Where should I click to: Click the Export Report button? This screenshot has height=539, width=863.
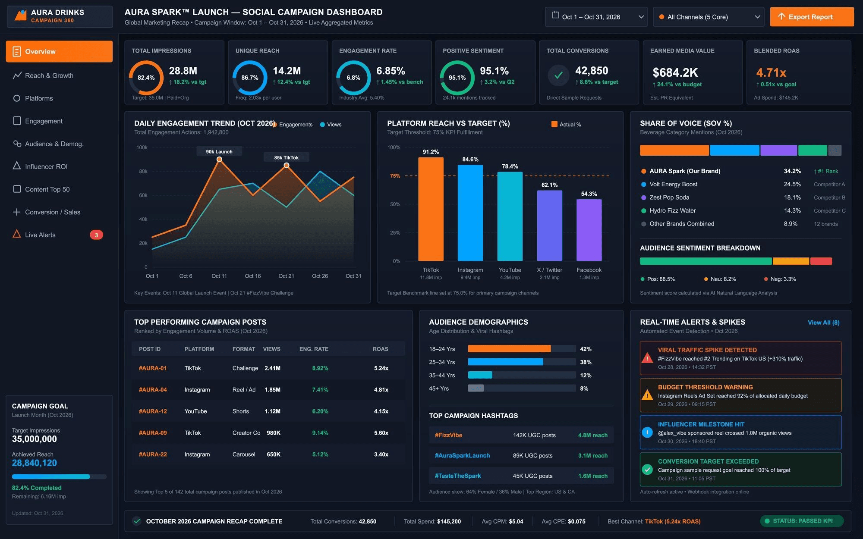pyautogui.click(x=812, y=17)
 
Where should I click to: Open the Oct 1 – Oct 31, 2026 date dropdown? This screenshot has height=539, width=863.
pyautogui.click(x=596, y=17)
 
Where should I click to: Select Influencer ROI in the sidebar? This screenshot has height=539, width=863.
pyautogui.click(x=46, y=166)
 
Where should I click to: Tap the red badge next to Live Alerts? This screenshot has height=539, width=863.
pyautogui.click(x=96, y=235)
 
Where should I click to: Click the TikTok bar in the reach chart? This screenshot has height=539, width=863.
pyautogui.click(x=431, y=209)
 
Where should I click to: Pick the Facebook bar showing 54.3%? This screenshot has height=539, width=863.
pyautogui.click(x=589, y=230)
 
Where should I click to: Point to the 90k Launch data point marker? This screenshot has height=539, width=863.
pyautogui.click(x=219, y=160)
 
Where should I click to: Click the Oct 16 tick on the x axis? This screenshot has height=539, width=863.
pyautogui.click(x=253, y=276)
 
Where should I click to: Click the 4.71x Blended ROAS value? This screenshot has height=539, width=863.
pyautogui.click(x=771, y=72)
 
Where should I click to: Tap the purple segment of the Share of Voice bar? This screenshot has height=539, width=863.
pyautogui.click(x=778, y=150)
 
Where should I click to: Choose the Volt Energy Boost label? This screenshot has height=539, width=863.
pyautogui.click(x=673, y=184)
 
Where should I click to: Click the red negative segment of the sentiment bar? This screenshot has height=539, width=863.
pyautogui.click(x=821, y=261)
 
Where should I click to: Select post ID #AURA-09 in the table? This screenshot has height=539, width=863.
pyautogui.click(x=153, y=433)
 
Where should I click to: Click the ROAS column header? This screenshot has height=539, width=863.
pyautogui.click(x=381, y=349)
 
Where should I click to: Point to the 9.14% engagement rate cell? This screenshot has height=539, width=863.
pyautogui.click(x=320, y=433)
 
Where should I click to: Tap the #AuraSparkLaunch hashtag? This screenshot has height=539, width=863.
pyautogui.click(x=462, y=455)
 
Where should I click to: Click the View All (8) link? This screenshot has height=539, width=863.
pyautogui.click(x=823, y=323)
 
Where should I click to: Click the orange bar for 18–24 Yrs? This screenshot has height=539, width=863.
pyautogui.click(x=509, y=349)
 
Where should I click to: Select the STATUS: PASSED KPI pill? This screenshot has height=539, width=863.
pyautogui.click(x=802, y=521)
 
